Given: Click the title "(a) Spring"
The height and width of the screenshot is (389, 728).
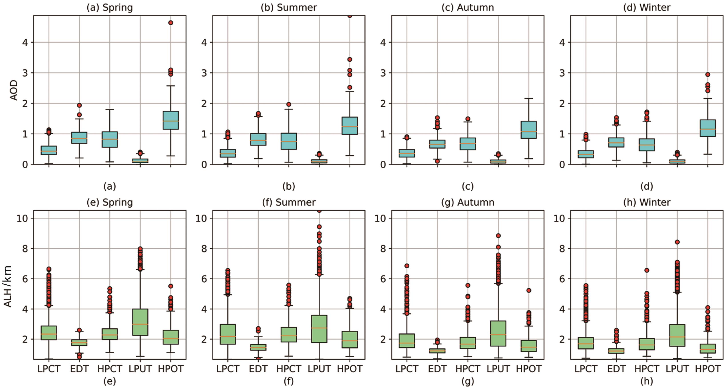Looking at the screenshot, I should [x=110, y=7].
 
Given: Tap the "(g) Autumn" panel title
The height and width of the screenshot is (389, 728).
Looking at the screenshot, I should [x=468, y=202].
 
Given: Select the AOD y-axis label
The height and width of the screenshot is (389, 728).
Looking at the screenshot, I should [x=14, y=90].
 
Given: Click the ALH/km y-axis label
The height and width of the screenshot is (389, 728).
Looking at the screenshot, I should [x=8, y=286].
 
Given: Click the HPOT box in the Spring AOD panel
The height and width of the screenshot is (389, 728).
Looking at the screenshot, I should [x=171, y=120].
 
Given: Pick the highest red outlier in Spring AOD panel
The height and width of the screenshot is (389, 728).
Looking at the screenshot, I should [x=171, y=23].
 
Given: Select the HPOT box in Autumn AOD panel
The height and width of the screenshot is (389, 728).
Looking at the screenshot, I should [x=529, y=130].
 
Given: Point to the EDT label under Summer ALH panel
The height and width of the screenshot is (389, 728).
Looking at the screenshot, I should [x=258, y=369].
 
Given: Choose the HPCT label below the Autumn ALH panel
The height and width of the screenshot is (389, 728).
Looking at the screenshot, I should [x=468, y=369].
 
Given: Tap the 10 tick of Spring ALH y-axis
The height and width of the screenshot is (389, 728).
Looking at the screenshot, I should [x=22, y=218].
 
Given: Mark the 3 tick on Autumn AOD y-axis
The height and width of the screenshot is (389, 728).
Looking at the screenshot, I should [x=383, y=73].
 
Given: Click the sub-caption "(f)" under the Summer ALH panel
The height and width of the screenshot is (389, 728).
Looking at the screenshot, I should [x=289, y=381].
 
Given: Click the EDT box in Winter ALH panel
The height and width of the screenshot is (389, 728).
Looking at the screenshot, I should [x=616, y=351].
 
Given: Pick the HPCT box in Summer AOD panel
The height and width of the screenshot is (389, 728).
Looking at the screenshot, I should [x=289, y=141].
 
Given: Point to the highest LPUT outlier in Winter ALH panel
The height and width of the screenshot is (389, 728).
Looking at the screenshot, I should [x=677, y=242].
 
